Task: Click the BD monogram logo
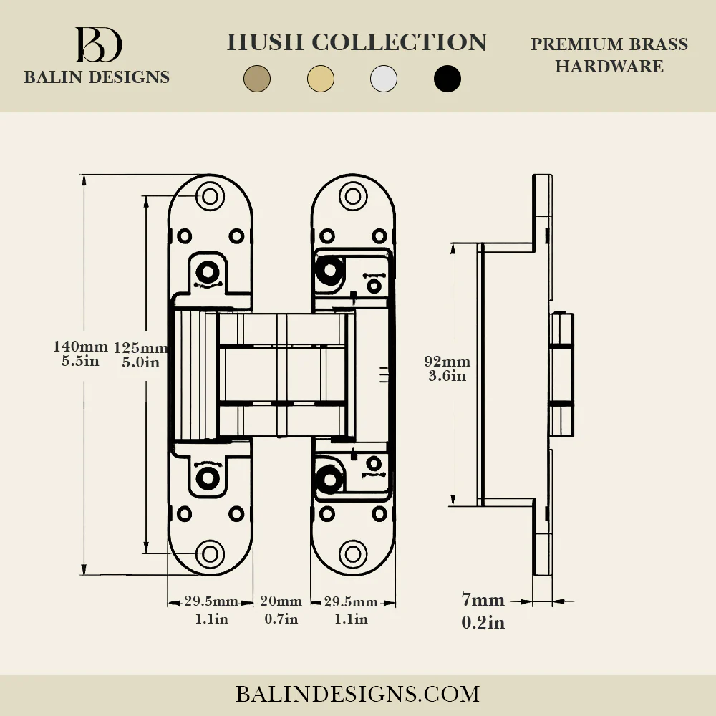tap(99, 44)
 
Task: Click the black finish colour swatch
tap(447, 79)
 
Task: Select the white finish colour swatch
tap(384, 79)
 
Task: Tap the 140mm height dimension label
tap(80, 347)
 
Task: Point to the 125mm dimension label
tap(140, 348)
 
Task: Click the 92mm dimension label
tap(447, 362)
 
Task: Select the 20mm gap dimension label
tap(281, 601)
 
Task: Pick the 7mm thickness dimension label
tap(483, 599)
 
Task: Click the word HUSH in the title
tap(266, 42)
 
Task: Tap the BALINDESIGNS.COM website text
tap(357, 694)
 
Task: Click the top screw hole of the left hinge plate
tap(210, 196)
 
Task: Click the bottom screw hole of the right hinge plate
tap(353, 554)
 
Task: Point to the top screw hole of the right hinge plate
tap(353, 196)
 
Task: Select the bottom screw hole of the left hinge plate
tap(210, 554)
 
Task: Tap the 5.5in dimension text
tap(80, 361)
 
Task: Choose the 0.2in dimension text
tap(483, 622)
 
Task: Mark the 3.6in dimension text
tap(447, 376)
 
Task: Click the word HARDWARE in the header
tap(609, 67)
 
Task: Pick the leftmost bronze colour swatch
tap(257, 79)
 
